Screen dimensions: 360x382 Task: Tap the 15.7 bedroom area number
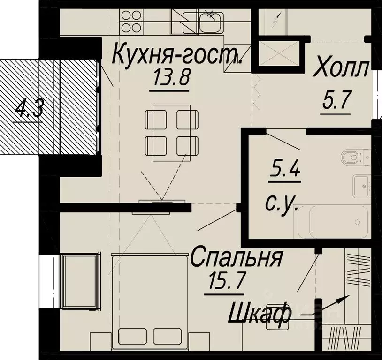(225, 283)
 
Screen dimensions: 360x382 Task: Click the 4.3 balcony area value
(29, 111)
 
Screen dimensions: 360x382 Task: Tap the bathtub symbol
(333, 222)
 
